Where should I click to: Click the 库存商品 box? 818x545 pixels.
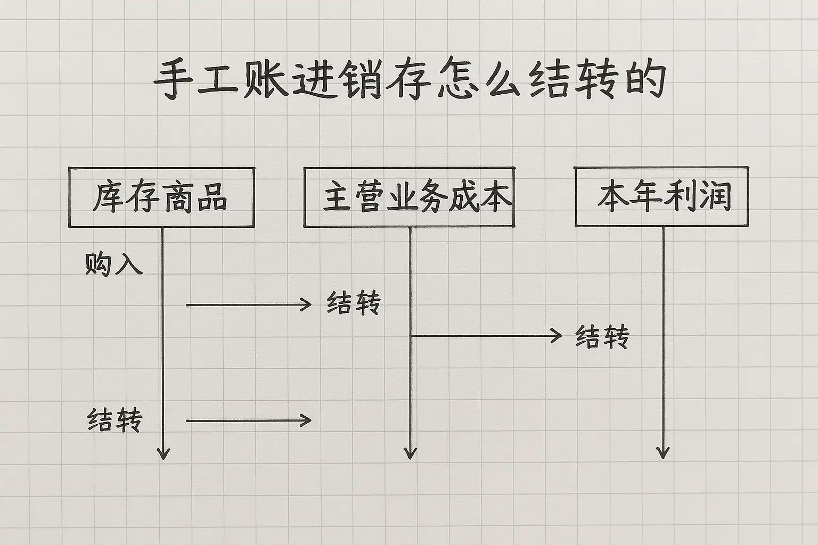[161, 197]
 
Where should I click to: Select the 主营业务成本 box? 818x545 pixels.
[409, 197]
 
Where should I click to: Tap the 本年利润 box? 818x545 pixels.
[661, 196]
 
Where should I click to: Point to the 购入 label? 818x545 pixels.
[113, 263]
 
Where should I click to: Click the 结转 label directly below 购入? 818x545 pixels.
[114, 420]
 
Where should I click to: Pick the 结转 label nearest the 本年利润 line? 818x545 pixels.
[602, 337]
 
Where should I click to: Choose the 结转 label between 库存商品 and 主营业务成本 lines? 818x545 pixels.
[353, 304]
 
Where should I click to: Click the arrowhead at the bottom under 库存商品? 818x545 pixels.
[163, 453]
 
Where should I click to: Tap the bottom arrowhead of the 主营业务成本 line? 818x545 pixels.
[410, 453]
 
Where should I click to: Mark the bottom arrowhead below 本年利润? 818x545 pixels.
[662, 453]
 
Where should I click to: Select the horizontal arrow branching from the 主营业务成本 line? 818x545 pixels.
[487, 336]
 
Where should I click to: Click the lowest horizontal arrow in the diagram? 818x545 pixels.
[248, 420]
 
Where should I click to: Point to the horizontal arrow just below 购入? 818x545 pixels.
[248, 304]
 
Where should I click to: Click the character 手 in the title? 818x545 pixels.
[173, 81]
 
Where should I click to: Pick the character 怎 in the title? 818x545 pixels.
[459, 81]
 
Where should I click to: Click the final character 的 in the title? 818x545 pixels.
[645, 81]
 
